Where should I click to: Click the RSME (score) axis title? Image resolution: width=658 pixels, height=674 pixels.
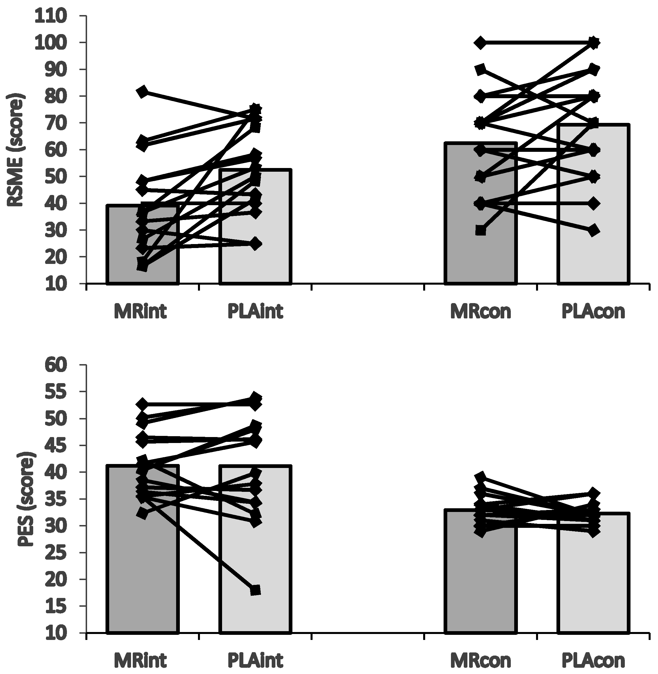(x=16, y=150)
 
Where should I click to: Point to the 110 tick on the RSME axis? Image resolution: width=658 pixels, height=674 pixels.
(x=51, y=16)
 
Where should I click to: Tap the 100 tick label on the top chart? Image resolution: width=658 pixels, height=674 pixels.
(x=51, y=43)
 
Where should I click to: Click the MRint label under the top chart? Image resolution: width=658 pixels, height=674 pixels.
(x=141, y=312)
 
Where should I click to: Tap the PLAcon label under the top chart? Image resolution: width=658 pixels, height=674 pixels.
(x=593, y=312)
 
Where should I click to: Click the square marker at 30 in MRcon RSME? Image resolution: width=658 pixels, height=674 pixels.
(x=480, y=231)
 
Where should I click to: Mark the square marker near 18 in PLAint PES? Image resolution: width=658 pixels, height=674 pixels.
(x=255, y=590)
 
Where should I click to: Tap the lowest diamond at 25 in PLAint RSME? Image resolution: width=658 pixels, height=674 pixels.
(x=255, y=244)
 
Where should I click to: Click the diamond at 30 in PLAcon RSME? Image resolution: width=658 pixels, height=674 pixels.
(x=594, y=230)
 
